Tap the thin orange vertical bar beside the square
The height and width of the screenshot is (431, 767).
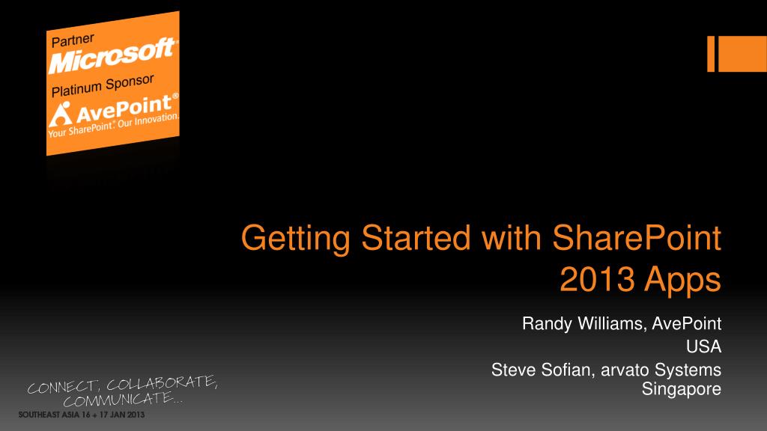point(711,54)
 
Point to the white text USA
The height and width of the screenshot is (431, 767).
point(704,346)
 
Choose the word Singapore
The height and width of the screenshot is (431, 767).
point(682,389)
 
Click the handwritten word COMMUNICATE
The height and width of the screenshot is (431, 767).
point(121,401)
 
